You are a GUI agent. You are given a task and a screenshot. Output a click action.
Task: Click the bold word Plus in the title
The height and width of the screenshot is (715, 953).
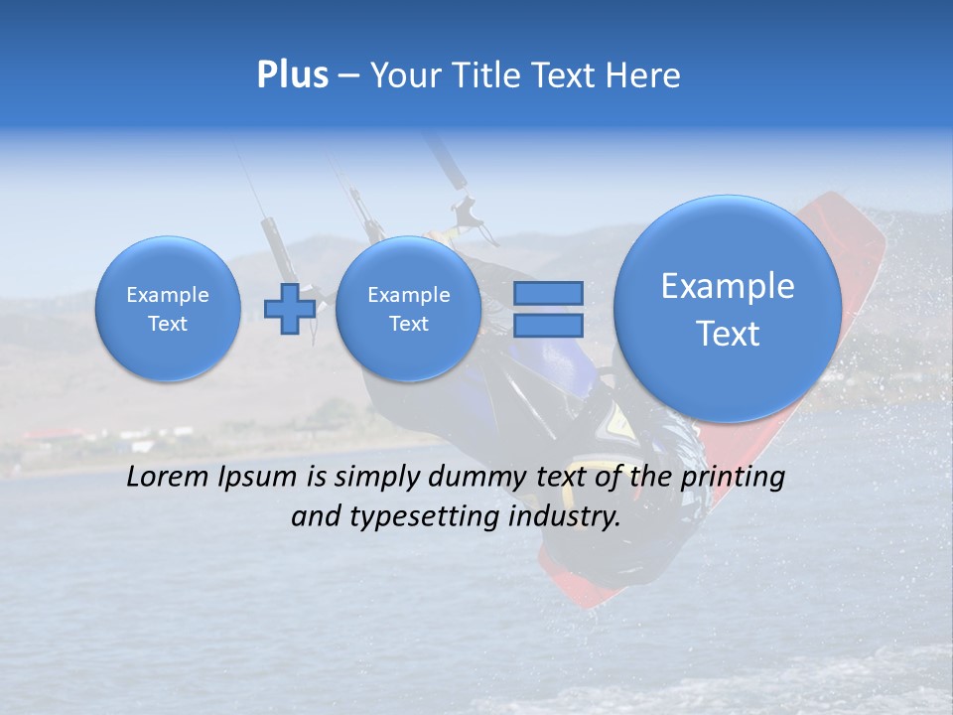(x=292, y=75)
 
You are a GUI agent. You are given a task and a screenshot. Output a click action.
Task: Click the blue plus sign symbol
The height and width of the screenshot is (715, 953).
(x=290, y=308)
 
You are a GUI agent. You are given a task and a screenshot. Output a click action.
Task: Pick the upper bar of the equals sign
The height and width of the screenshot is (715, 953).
(x=548, y=293)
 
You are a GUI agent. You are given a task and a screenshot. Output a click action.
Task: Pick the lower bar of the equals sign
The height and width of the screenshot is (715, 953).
(x=548, y=325)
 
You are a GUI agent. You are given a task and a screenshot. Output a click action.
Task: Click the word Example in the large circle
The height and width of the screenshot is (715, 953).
(x=728, y=286)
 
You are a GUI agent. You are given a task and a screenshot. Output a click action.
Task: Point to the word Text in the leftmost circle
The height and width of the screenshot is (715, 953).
(x=168, y=324)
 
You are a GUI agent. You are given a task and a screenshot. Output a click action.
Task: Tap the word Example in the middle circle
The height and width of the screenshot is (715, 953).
(x=408, y=295)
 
